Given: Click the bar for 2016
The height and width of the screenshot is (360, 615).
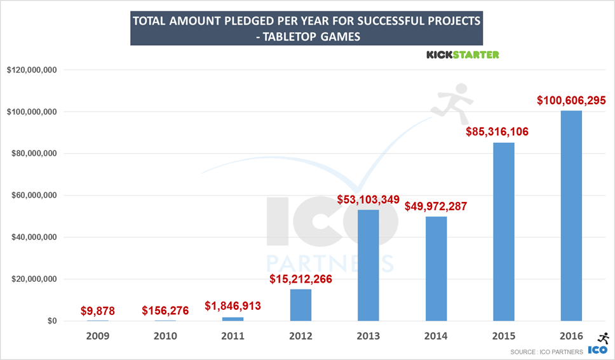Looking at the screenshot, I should (x=571, y=216).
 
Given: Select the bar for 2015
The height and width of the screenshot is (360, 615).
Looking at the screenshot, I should (x=504, y=232).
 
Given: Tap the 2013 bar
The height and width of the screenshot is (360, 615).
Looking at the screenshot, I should (x=368, y=265).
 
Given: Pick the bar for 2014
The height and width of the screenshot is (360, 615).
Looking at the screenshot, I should (x=436, y=269).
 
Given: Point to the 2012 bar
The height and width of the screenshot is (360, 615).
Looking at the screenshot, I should (x=301, y=305).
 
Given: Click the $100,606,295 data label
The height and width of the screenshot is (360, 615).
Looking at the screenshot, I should (x=571, y=100).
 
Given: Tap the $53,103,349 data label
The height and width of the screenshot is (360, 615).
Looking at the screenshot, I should (x=368, y=200).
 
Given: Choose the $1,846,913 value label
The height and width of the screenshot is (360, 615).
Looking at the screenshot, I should (x=233, y=306).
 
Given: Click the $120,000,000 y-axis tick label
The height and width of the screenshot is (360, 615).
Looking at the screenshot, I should (x=32, y=70).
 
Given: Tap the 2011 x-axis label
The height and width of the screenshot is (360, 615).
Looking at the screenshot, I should (x=233, y=337).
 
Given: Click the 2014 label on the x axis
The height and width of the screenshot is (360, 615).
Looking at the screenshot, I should (x=436, y=337).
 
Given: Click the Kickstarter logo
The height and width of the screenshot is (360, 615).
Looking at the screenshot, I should (x=463, y=55).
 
